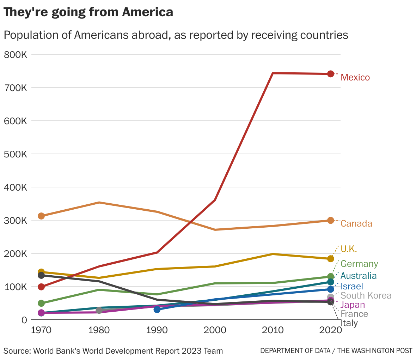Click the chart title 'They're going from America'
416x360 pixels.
(88, 12)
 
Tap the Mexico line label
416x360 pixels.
(355, 77)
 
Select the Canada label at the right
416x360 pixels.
(356, 223)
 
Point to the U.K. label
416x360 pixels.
(349, 249)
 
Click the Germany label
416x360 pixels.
(359, 264)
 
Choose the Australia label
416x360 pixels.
(358, 276)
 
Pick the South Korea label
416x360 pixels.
(366, 295)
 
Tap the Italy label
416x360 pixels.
(349, 323)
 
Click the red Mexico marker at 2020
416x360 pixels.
(330, 74)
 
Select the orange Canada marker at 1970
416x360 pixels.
(41, 216)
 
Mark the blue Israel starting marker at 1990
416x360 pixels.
(157, 310)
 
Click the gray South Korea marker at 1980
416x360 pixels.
(99, 310)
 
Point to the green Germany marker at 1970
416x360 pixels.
(41, 303)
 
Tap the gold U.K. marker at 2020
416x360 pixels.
(330, 259)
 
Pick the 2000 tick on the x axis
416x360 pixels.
(215, 330)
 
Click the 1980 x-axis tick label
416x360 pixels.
(99, 330)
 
